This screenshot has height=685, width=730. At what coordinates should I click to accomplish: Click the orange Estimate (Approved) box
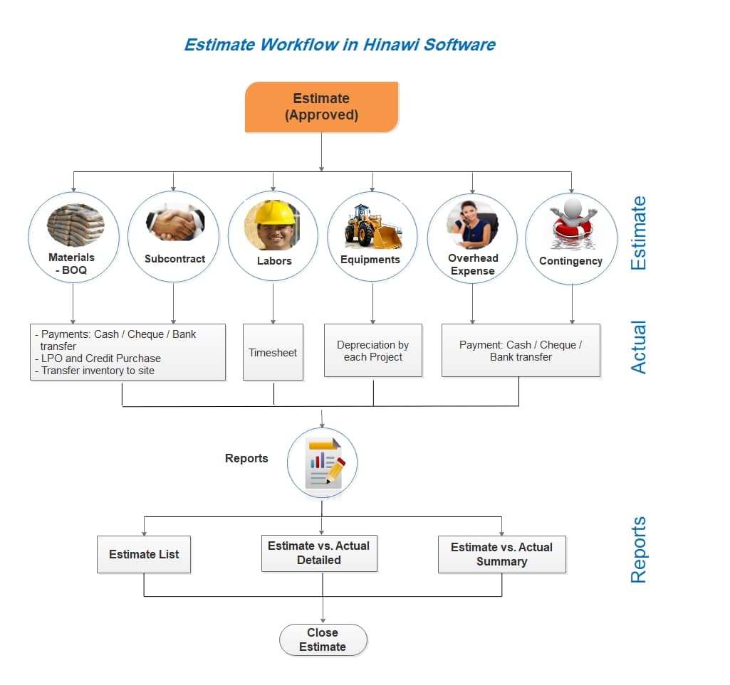[x=322, y=107]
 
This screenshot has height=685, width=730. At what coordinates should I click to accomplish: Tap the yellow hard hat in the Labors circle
[x=273, y=213]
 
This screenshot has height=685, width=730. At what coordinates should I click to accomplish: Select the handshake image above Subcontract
[x=175, y=223]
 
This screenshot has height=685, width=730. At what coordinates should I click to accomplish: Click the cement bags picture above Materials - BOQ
[x=75, y=225]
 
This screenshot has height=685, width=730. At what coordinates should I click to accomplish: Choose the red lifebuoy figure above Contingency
[x=572, y=222]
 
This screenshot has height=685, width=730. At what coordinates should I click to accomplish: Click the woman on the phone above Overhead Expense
[x=472, y=225]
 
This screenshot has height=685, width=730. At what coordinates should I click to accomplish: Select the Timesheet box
[x=273, y=352]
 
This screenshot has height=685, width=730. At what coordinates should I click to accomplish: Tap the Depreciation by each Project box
[x=373, y=350]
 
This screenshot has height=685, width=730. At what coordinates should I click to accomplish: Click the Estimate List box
[x=144, y=554]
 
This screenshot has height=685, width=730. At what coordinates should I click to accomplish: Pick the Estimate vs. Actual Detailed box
[x=319, y=553]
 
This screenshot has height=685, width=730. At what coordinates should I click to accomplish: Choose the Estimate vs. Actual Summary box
[x=502, y=554]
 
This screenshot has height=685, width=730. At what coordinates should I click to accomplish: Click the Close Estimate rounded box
[x=323, y=640]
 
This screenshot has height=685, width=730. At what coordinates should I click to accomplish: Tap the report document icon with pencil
[x=325, y=463]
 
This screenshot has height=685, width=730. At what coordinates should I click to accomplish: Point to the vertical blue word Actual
[x=638, y=347]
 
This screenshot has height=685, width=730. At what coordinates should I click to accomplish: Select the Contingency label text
[x=570, y=261]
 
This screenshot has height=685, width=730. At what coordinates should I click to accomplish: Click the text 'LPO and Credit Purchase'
[x=101, y=359]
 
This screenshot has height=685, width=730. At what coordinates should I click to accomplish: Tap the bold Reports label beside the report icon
[x=246, y=458]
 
